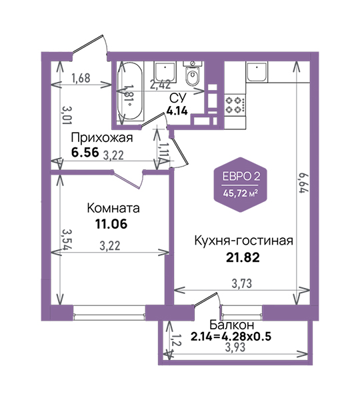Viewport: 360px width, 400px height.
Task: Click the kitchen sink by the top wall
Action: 257,72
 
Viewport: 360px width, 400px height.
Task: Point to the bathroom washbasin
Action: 165,72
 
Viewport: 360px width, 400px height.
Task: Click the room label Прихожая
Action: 102,138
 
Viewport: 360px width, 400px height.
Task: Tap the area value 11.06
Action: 111,224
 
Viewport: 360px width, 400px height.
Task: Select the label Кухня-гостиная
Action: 243,241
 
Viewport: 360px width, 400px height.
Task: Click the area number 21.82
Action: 243,257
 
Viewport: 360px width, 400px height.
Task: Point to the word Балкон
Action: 232,325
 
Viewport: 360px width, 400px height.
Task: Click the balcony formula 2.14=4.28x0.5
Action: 231,337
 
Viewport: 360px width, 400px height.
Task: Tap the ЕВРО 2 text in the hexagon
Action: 240,176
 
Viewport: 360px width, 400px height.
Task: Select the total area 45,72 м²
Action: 240,193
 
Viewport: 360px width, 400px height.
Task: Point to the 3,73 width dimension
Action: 241,283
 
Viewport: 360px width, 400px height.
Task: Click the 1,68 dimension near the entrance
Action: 81,78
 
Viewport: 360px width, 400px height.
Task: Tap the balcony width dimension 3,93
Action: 235,347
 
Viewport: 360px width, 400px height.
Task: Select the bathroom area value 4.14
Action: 177,111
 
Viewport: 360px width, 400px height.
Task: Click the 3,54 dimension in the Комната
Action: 67,240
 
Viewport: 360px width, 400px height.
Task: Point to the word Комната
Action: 113,208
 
